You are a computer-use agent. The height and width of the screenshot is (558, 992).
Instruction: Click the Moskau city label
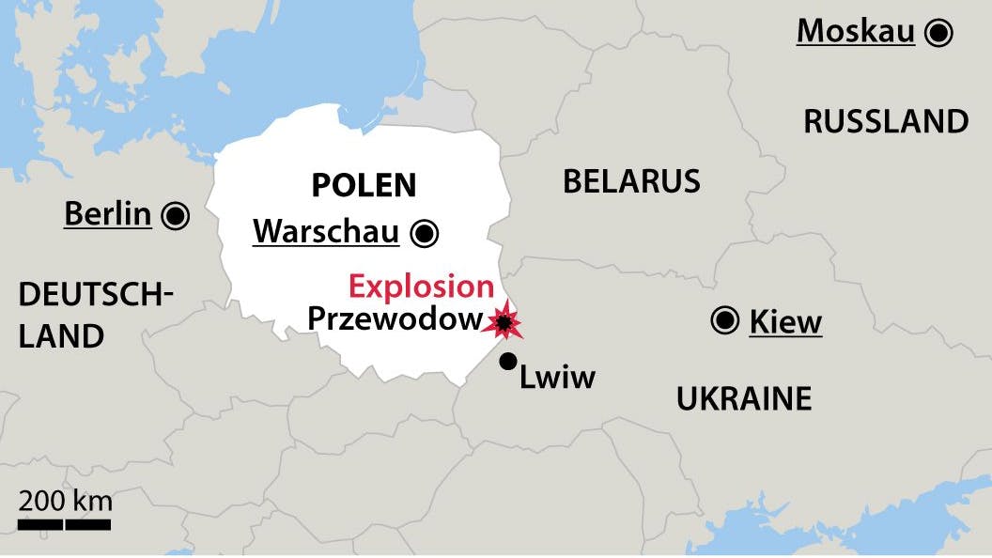[855, 32]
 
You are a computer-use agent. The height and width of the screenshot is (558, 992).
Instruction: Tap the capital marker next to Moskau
[938, 33]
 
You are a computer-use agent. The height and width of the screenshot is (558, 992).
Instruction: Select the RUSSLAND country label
[886, 121]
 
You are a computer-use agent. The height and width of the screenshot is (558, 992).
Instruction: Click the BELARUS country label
[631, 181]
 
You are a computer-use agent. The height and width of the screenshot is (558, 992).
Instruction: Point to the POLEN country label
[364, 185]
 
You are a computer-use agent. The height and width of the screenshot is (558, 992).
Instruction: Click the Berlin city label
[107, 215]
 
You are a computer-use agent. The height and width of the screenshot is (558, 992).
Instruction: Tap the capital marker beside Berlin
[175, 216]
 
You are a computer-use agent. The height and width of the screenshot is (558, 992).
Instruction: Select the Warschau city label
[326, 232]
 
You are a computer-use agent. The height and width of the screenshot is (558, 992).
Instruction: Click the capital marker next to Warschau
[424, 232]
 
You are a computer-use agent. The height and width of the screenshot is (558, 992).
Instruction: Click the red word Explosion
[421, 287]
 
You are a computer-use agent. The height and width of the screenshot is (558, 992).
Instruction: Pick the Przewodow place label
[394, 319]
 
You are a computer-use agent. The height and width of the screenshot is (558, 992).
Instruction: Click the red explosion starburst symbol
[504, 322]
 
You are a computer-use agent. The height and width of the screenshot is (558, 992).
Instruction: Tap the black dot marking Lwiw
[508, 361]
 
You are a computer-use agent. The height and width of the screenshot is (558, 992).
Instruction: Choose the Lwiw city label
[558, 378]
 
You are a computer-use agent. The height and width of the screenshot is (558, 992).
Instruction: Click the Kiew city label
[785, 322]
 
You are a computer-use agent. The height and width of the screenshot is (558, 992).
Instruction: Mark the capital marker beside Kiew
[724, 321]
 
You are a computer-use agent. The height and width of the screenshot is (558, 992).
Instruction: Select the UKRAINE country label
[744, 399]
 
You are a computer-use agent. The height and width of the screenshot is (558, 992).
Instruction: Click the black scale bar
[65, 524]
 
